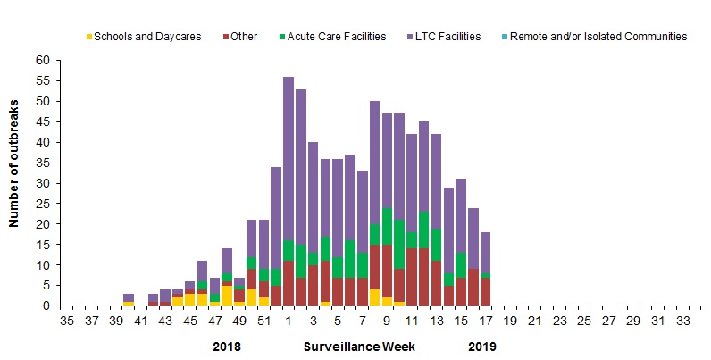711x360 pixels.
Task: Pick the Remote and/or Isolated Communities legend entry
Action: point(604,37)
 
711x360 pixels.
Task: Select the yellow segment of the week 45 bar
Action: point(189,300)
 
